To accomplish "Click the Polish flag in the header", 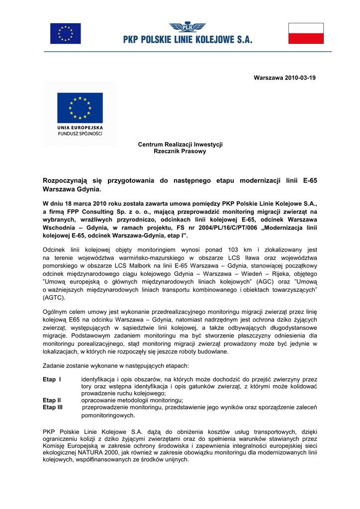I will click(306, 33).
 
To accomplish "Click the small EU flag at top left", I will click(65, 33).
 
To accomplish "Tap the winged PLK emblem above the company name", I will click(188, 27).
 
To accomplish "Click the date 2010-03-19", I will click(300, 78).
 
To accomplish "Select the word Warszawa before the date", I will click(268, 78).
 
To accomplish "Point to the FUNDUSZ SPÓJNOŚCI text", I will click(80, 134).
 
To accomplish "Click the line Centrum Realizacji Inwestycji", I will click(180, 144).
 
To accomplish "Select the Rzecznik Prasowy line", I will click(180, 151).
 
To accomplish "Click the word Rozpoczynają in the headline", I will click(66, 180).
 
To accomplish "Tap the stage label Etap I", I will click(52, 380).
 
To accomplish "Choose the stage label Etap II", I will click(52, 400).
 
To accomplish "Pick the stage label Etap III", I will click(53, 407).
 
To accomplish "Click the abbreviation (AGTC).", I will click(54, 298).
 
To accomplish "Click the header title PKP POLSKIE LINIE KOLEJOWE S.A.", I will click(188, 40).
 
